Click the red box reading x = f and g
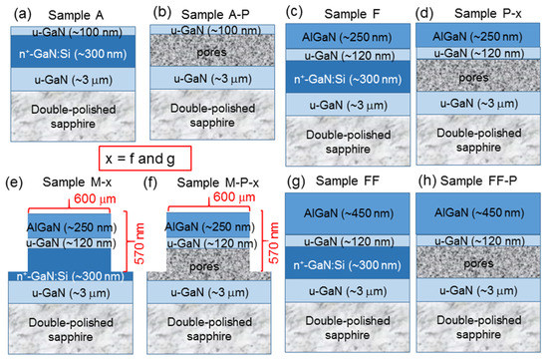pyautogui.click(x=146, y=159)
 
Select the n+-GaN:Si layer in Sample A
pyautogui.click(x=69, y=52)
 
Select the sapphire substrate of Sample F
pyautogui.click(x=341, y=139)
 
